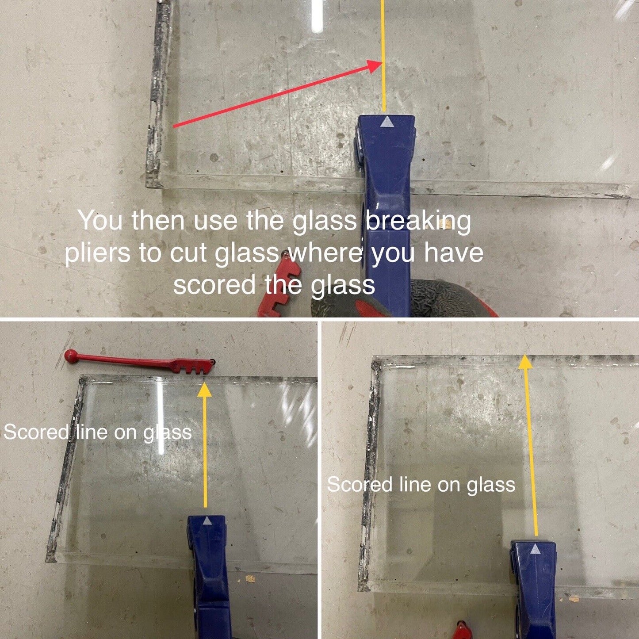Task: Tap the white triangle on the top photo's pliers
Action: coord(386,121)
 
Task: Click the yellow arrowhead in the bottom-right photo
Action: coord(525,361)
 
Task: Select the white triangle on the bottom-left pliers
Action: coord(207,520)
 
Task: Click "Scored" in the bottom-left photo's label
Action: coord(36,432)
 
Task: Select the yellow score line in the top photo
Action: coord(384,55)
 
